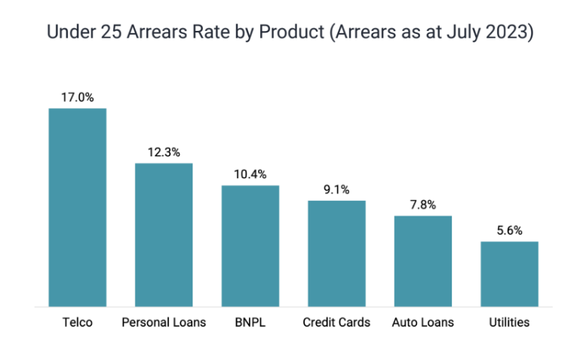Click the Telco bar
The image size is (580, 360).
(78, 208)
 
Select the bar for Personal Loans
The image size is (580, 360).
(164, 235)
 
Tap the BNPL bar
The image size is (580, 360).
(250, 246)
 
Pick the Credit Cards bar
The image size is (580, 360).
(336, 254)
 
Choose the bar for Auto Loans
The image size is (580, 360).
(422, 261)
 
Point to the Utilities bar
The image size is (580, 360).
(509, 274)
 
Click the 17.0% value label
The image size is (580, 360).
(78, 97)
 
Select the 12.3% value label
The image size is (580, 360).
(164, 152)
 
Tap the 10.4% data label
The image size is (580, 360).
(250, 174)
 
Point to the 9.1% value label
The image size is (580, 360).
(336, 189)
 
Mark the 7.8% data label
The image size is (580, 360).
(422, 205)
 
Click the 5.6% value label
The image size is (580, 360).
(509, 230)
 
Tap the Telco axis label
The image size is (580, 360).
(78, 322)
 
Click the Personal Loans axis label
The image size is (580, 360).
(164, 322)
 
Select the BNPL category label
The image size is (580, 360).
(250, 322)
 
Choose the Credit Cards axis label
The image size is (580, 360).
(336, 322)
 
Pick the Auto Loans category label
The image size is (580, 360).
(422, 322)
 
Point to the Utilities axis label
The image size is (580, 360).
(509, 322)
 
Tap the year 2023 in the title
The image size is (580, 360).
(512, 34)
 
